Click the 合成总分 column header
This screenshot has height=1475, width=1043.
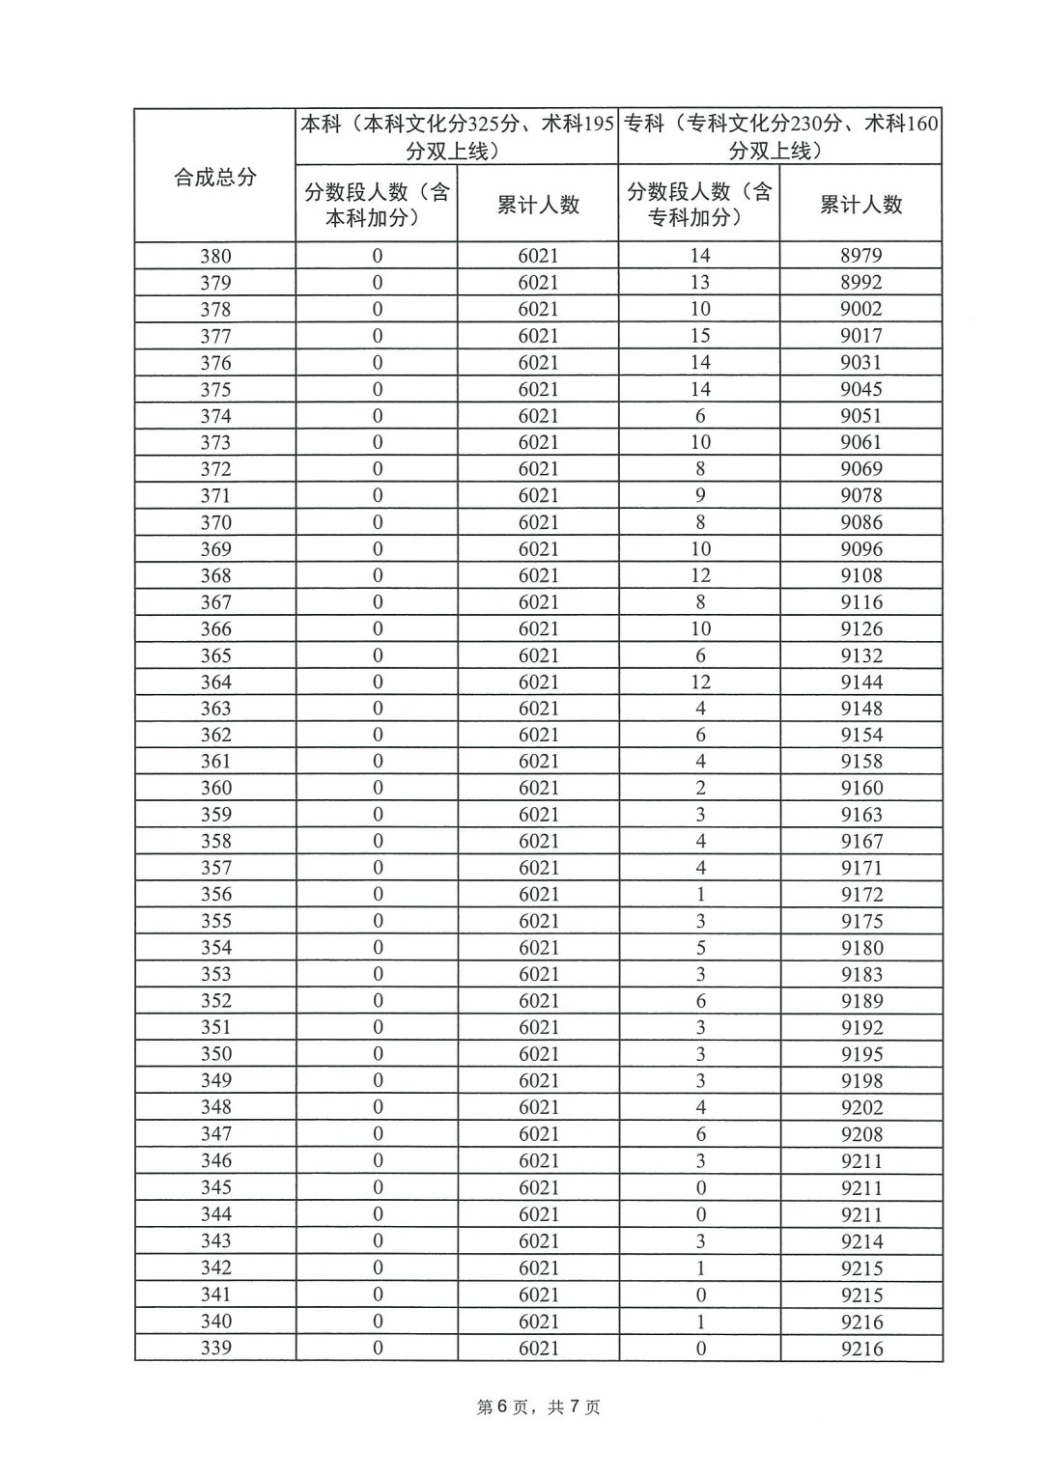[214, 178]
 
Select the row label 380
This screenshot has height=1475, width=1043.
[215, 256]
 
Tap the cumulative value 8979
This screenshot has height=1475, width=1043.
[860, 256]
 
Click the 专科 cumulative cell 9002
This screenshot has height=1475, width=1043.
[860, 309]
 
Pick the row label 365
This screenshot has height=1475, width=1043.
[215, 655]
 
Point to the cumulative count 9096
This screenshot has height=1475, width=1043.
[860, 549]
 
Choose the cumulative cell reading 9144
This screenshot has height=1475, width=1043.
[860, 682]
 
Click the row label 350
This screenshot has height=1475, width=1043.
[215, 1054]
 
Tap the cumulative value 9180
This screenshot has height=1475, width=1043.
[860, 948]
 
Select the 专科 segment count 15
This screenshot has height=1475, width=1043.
[700, 336]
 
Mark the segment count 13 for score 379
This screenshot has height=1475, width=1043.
[700, 283]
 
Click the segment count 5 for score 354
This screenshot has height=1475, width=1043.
[700, 948]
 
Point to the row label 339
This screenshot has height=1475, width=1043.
[215, 1349]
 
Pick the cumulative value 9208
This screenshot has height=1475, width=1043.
[860, 1134]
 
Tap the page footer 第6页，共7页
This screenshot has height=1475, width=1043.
[539, 1407]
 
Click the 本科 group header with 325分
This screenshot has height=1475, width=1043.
[457, 137]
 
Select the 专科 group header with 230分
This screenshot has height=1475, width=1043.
[780, 137]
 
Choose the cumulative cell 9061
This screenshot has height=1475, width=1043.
[860, 442]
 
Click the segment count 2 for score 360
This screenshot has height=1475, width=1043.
[700, 788]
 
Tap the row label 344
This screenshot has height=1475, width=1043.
[215, 1214]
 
